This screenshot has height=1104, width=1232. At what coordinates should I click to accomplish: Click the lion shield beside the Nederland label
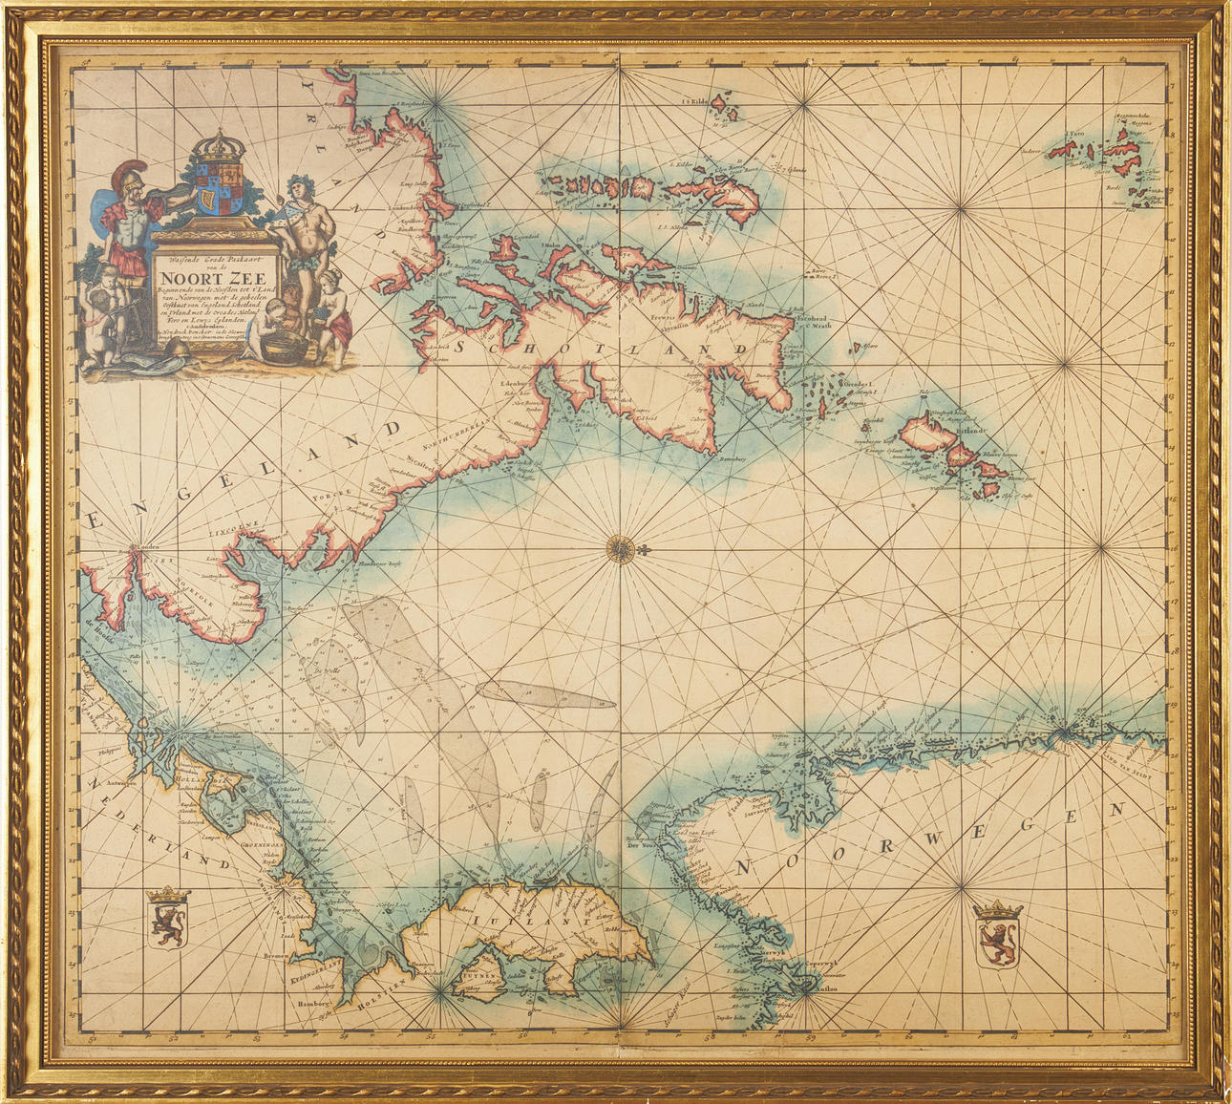tap(168, 919)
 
